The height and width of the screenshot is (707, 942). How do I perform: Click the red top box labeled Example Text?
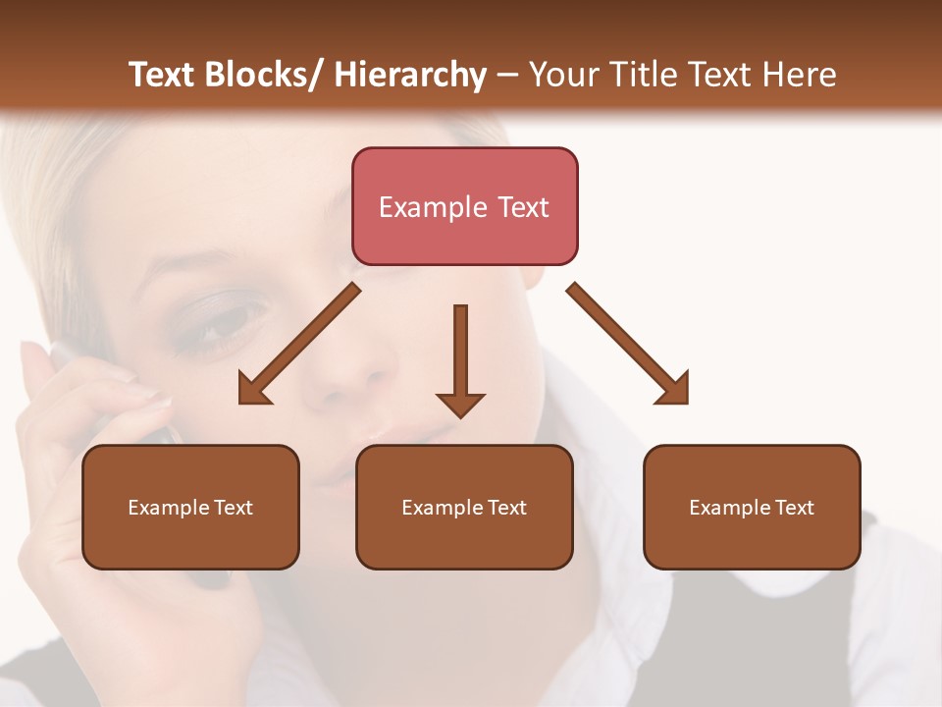coord(464,206)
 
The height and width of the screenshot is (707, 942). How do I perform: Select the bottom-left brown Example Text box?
coord(190,507)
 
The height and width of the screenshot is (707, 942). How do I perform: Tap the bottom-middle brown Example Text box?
coord(464,507)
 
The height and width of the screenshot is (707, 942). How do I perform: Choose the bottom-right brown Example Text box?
coord(752,507)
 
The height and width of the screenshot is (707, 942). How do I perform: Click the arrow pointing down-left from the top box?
coord(298,345)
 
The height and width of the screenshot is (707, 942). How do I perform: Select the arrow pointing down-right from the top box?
coord(629,345)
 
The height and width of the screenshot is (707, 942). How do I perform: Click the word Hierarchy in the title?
coord(410,75)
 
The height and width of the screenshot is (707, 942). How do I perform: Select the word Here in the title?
coord(803,75)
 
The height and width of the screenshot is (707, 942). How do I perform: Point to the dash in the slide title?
coord(507,75)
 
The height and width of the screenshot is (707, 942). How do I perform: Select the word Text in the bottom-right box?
coord(794,507)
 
